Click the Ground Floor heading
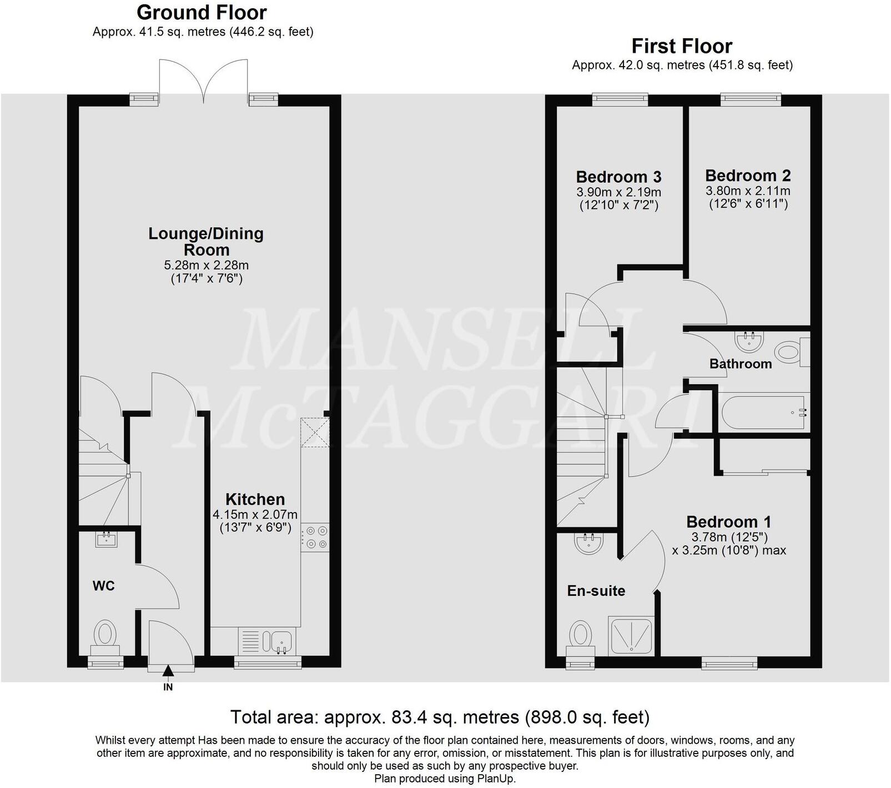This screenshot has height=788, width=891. tap(202, 12)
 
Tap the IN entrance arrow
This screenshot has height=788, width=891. tap(168, 674)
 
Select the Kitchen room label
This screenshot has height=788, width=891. tap(255, 499)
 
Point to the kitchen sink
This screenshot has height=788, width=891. tap(281, 641)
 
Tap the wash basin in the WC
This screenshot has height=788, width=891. tap(106, 539)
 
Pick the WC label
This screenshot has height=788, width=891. tap(103, 585)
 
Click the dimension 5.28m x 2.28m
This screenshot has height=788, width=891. tap(206, 265)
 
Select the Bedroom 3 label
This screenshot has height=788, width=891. tap(618, 177)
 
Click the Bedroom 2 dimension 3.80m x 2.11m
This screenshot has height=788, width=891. tap(748, 191)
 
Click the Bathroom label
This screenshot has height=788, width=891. tap(741, 364)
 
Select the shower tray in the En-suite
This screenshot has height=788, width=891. tap(632, 635)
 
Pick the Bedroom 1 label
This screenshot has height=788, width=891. tap(728, 521)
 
